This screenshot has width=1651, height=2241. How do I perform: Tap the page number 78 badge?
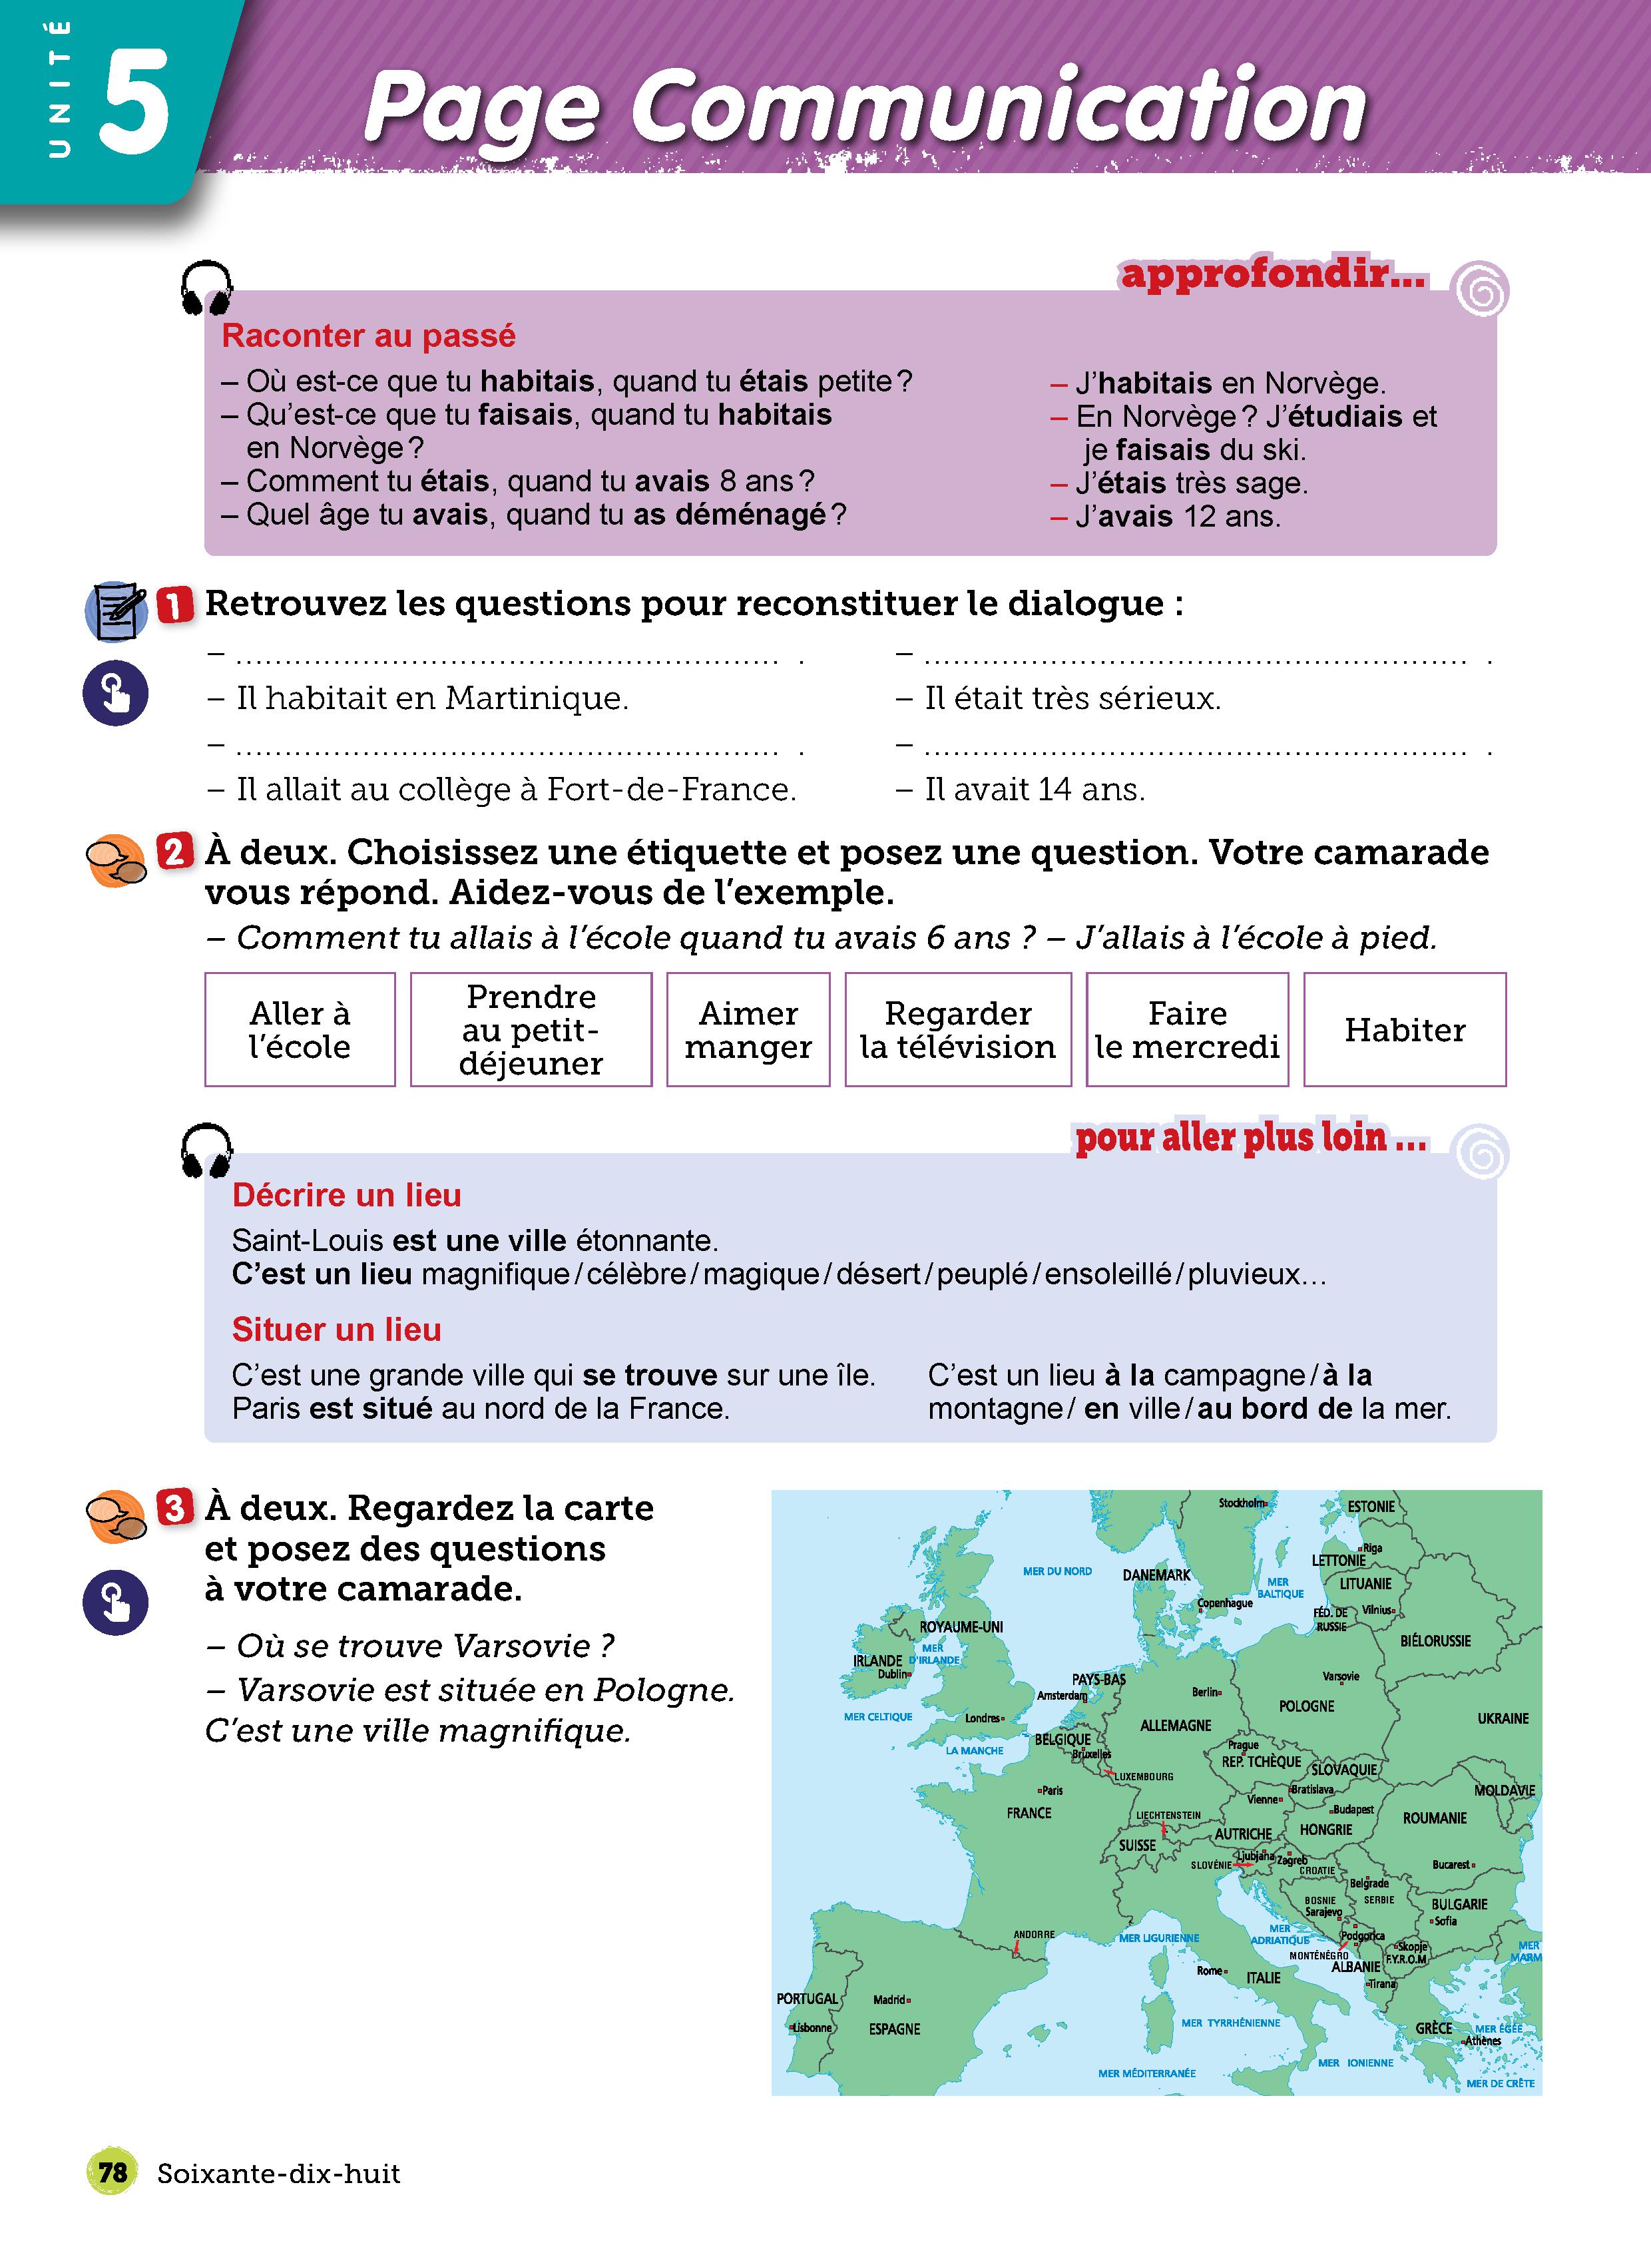112,2172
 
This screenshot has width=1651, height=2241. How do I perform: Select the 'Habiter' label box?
1404,1029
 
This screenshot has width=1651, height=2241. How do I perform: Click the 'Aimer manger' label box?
748,1029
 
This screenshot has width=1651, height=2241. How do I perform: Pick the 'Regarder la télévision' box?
957,1029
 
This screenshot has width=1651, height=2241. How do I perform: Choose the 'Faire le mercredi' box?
1186,1029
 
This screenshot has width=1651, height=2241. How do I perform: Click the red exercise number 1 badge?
175,605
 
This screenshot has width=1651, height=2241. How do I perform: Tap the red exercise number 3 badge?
174,1507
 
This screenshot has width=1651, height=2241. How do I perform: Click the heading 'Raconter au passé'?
367,336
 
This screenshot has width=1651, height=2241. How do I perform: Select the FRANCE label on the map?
1029,1812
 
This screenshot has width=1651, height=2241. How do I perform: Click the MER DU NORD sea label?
1057,1571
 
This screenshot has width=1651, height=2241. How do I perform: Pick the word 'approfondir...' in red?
1272,274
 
